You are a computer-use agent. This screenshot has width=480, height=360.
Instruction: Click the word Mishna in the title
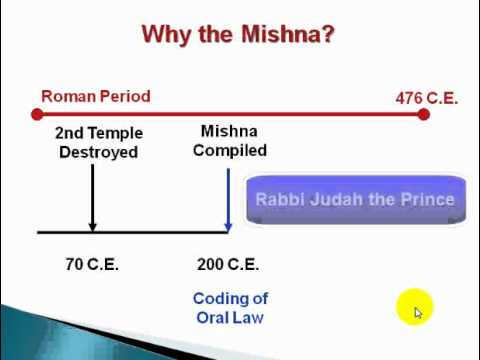281,34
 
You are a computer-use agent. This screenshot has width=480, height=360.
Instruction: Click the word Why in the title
168,35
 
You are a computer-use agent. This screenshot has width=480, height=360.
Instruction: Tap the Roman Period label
96,96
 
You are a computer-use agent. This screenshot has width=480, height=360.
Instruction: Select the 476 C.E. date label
427,98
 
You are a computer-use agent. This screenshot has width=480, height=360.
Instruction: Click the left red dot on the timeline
37,114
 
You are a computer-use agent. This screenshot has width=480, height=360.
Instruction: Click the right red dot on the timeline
423,114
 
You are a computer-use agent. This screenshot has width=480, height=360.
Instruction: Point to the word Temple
114,133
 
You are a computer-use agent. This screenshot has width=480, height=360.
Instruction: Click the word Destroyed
99,152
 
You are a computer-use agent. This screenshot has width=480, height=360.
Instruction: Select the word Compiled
230,151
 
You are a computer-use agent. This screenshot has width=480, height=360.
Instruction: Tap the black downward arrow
93,197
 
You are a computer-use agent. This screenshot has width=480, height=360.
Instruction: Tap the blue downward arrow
228,199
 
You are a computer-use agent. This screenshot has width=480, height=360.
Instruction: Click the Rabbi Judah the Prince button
356,199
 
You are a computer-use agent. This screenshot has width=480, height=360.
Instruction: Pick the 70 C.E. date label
92,264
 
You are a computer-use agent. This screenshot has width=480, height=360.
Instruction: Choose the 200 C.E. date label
228,264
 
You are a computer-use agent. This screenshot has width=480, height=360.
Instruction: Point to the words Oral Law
230,318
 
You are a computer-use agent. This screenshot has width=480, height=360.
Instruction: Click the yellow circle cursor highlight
414,307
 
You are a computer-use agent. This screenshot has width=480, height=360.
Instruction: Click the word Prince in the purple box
428,199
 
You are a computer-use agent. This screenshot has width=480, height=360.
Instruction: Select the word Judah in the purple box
336,199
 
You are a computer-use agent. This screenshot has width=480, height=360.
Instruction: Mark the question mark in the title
327,34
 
